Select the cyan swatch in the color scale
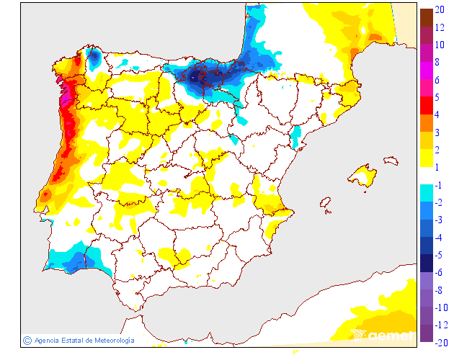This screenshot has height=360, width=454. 427,192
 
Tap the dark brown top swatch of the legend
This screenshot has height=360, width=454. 427,17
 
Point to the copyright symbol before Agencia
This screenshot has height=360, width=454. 27,340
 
